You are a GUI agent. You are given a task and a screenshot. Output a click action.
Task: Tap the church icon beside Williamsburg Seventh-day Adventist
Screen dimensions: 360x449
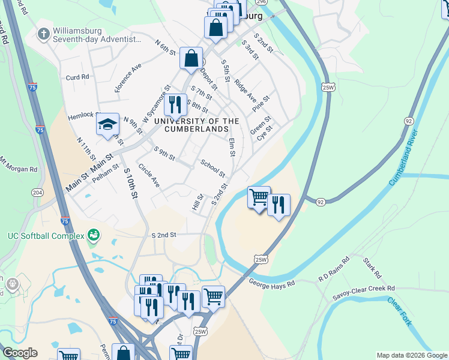point(43,34)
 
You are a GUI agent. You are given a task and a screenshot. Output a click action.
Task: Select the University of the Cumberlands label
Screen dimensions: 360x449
point(196,125)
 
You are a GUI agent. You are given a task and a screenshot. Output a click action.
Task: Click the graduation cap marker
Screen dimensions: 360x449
point(108,124)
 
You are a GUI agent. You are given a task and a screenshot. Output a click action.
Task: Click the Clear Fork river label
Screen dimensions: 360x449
point(400,312)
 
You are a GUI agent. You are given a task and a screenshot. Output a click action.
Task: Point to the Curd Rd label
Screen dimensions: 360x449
point(77,77)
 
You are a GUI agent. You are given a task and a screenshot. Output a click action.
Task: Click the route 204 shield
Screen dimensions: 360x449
point(37,192)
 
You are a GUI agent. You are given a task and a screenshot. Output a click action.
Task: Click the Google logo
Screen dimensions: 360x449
point(19,353)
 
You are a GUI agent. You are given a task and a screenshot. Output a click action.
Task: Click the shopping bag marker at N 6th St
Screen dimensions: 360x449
point(191,59)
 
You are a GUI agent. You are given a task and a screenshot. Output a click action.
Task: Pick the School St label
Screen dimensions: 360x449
point(212,169)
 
